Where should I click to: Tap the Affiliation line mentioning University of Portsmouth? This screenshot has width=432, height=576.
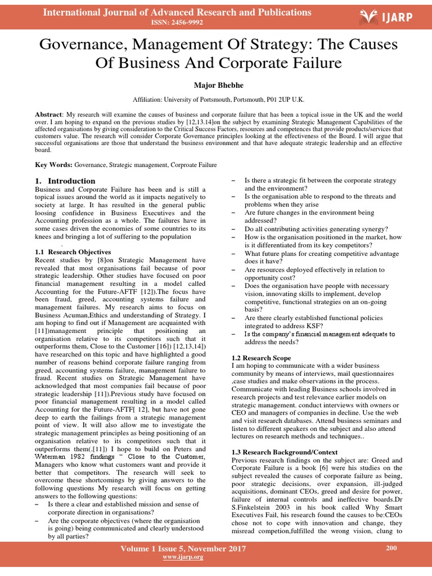[x=218, y=100]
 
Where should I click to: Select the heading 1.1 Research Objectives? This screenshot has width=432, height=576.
[x=73, y=252]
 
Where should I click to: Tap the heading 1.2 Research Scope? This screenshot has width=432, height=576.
[x=261, y=358]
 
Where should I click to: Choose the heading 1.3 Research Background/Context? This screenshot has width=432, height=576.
[x=285, y=452]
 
